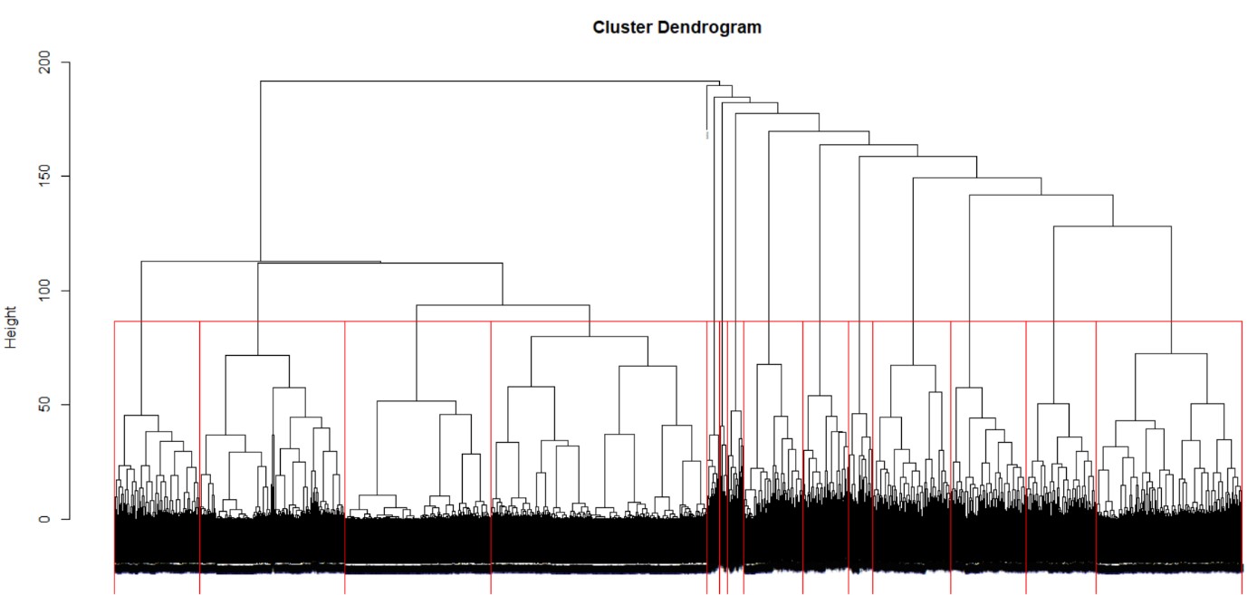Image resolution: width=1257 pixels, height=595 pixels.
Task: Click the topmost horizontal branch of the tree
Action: tap(489, 82)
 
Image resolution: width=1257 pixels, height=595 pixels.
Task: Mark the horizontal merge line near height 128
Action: tap(1112, 226)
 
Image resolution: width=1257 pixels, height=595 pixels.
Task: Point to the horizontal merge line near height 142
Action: tap(1041, 195)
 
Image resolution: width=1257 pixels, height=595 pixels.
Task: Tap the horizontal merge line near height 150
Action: tap(977, 178)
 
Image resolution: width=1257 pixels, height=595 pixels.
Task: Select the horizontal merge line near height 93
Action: tap(503, 305)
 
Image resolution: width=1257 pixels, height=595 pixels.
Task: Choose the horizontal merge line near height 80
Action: tap(590, 337)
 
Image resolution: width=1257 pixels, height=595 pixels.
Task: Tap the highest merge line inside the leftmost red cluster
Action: tap(141, 416)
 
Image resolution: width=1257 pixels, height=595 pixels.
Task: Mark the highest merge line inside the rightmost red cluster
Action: tap(1170, 353)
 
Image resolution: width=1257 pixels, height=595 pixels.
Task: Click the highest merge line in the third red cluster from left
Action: tap(417, 401)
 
